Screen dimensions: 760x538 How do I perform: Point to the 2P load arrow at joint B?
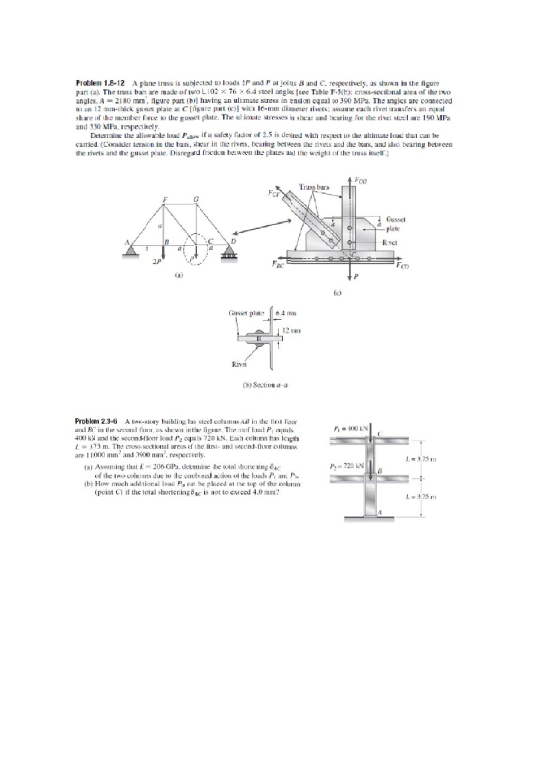pos(163,257)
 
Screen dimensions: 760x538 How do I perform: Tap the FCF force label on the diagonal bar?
pos(272,193)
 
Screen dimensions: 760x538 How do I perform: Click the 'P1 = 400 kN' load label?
pos(352,428)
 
